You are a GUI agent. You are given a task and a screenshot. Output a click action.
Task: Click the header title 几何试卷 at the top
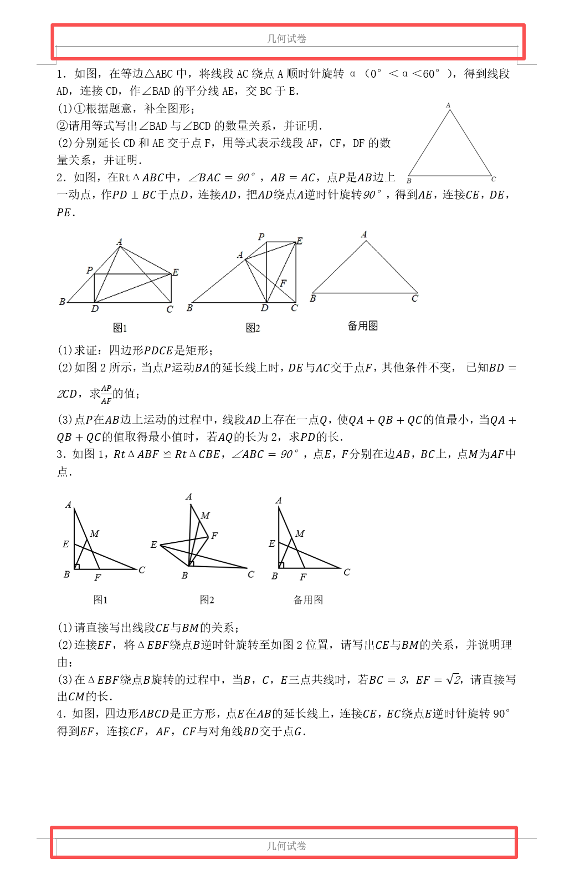coord(286,38)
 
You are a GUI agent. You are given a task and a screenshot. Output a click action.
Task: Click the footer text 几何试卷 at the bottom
coord(286,846)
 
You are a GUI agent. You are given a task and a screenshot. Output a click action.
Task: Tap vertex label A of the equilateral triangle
coord(448,105)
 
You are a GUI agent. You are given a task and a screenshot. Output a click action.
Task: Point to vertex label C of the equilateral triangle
coord(494,179)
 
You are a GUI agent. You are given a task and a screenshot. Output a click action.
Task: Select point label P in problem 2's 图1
coord(89,270)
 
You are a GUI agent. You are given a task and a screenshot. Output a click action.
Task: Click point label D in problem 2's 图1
coord(95,309)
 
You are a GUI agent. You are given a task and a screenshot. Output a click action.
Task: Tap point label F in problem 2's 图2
coord(283,283)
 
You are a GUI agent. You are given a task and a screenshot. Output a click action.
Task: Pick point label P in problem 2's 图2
coord(261,237)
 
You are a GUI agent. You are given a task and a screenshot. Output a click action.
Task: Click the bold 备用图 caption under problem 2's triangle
coord(362,325)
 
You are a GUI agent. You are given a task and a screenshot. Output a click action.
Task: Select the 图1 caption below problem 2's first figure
coord(120,328)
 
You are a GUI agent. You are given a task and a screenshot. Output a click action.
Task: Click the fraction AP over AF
coord(106,394)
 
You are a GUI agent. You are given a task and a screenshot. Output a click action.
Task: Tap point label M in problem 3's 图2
coord(205,515)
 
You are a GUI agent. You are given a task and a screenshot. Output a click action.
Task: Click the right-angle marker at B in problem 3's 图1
coord(77,566)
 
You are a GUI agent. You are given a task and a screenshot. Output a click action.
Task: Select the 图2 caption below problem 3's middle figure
coord(207,599)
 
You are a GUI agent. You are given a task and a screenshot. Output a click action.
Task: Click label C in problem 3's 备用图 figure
coord(347,572)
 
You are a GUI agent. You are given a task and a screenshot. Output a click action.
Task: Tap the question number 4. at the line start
coord(61,714)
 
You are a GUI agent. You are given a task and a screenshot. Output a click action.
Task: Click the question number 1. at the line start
coord(61,74)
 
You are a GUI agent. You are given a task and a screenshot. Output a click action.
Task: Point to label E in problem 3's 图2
coord(153,545)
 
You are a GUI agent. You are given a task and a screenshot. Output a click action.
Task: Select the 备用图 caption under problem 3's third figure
coord(308,599)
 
